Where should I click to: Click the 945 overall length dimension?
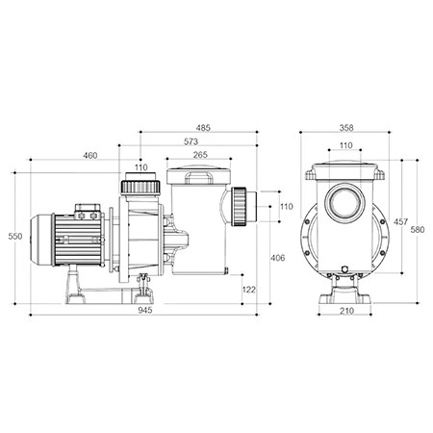(145, 310)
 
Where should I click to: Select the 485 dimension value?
(203, 128)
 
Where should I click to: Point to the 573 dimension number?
(191, 141)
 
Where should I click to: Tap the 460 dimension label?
(90, 156)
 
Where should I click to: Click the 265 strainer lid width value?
(200, 155)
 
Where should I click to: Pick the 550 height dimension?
(15, 237)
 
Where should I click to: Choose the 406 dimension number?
(278, 258)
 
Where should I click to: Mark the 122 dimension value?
(249, 290)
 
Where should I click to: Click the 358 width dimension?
(346, 128)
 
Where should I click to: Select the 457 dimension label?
(401, 221)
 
